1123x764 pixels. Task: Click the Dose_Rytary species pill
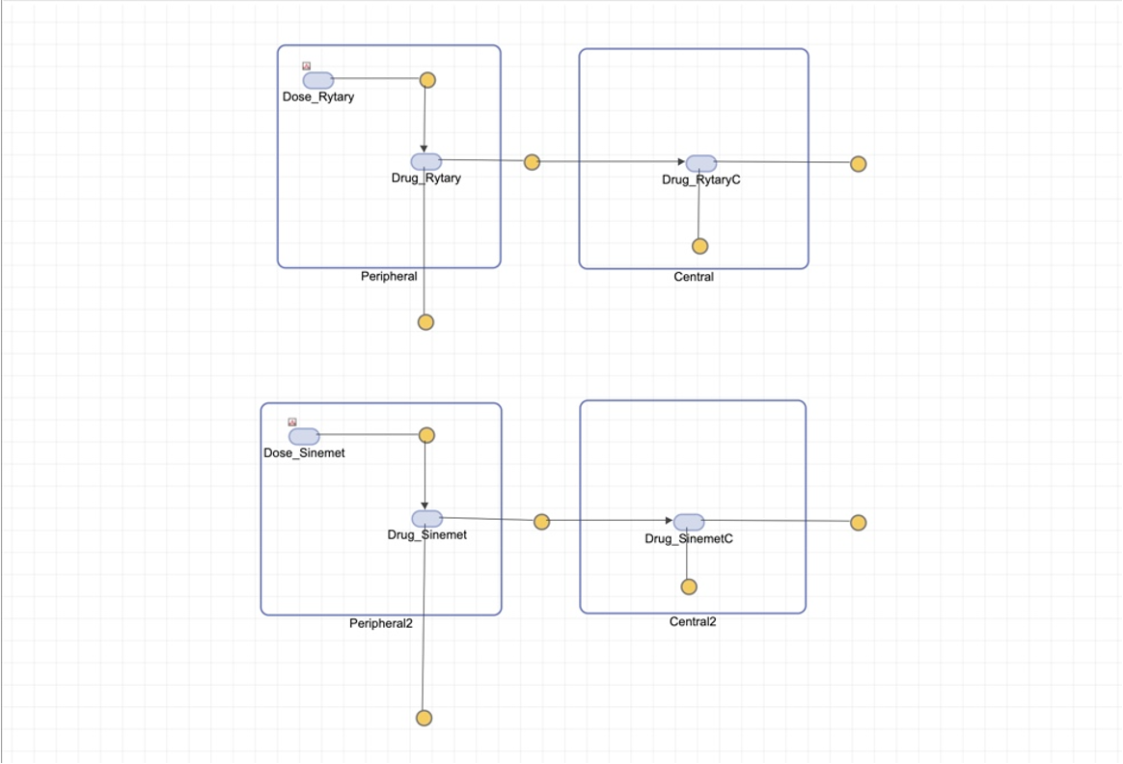click(318, 80)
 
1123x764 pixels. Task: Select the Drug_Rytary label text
click(425, 178)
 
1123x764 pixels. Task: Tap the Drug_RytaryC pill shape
click(701, 163)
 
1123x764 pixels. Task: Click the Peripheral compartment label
click(389, 277)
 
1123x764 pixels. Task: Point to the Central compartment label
click(694, 277)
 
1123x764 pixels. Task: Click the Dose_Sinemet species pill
click(304, 436)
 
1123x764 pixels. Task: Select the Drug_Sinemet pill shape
click(427, 519)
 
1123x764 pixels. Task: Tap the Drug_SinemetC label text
click(689, 539)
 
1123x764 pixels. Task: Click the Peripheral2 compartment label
click(380, 623)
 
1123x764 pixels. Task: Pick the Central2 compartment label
click(693, 622)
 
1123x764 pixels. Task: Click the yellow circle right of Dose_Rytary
click(427, 79)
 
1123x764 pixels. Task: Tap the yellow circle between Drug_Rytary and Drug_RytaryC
click(532, 162)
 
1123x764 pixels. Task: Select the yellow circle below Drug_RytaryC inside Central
click(700, 246)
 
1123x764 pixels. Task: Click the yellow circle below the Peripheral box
click(425, 322)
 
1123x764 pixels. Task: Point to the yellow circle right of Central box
click(859, 164)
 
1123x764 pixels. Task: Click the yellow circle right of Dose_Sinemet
click(426, 435)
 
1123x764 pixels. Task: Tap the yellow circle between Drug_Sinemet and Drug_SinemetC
click(541, 522)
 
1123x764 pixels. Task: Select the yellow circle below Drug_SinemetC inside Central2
click(689, 587)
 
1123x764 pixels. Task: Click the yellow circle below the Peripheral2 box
click(424, 718)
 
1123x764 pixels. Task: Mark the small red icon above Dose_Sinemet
click(292, 422)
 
